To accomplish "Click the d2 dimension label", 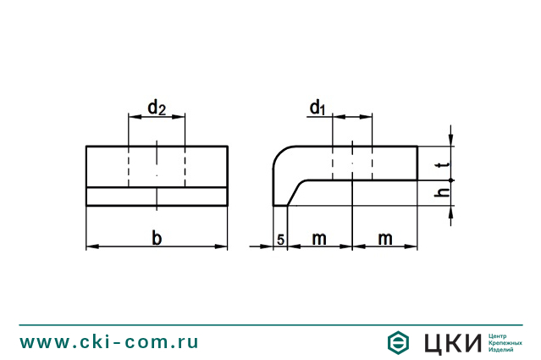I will coord(157,108).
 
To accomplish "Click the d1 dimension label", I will coord(317,108).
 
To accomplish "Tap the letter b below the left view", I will coord(157,238).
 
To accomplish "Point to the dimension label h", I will coord(438,194).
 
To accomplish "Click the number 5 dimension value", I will coord(280,240).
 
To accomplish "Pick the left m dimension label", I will coord(318,239).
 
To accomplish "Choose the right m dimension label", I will coord(385,239).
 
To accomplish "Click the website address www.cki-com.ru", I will coord(109,342).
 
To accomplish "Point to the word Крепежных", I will coord(505,342).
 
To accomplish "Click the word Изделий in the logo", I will coord(502,349).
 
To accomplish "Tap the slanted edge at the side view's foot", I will coord(295,194).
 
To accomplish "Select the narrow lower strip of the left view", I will coord(157,197).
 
